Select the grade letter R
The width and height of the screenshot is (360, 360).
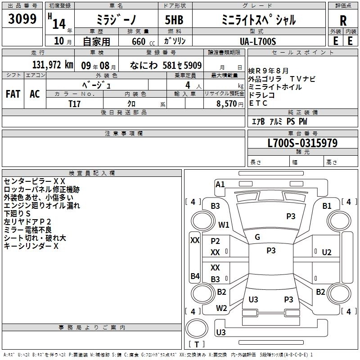click(343, 21)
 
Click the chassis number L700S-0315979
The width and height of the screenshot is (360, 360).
click(302, 143)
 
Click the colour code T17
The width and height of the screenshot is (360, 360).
click(75, 103)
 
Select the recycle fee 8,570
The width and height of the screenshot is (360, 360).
click(227, 103)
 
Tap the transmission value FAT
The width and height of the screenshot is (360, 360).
click(13, 94)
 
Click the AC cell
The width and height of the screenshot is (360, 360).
click(35, 94)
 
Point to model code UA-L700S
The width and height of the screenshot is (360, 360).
click(257, 41)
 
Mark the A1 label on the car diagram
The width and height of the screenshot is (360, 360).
click(220, 184)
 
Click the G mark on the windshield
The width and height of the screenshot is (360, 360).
click(257, 237)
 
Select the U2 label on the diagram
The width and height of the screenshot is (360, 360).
click(327, 252)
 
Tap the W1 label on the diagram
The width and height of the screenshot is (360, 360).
click(224, 225)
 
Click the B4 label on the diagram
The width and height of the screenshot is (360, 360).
click(195, 276)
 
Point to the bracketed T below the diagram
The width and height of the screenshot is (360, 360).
click(196, 344)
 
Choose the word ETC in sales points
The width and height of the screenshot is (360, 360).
click(258, 103)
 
